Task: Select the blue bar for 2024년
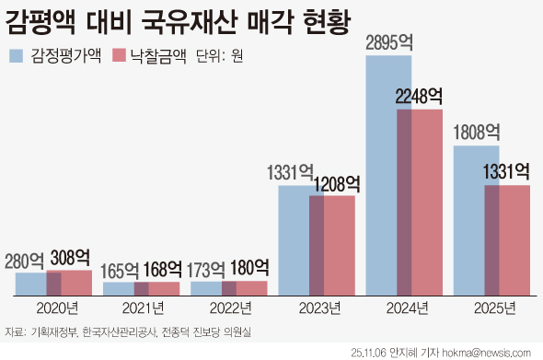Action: pos(381,175)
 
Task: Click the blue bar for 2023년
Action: pos(294,239)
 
